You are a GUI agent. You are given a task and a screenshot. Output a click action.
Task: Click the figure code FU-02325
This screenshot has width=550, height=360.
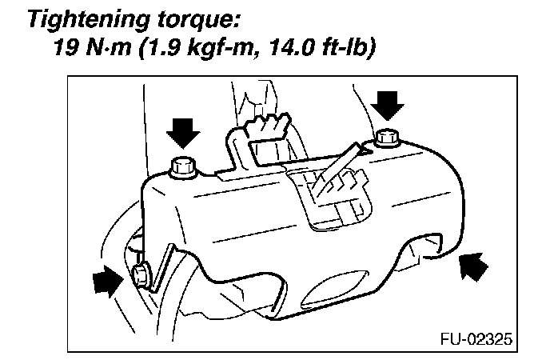pos(475,337)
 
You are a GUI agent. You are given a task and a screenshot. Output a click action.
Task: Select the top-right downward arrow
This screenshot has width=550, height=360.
pos(389,102)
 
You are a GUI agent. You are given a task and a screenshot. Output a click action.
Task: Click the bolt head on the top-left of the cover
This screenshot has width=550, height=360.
pos(184,166)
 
